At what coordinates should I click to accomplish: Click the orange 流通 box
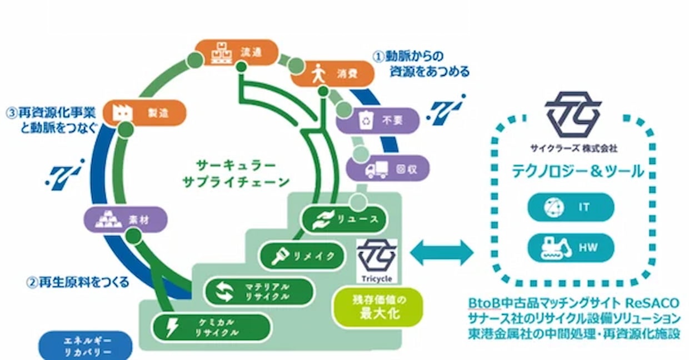[237, 53]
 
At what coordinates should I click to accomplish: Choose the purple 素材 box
[126, 219]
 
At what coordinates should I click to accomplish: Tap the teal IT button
[571, 207]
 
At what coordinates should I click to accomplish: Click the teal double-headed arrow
[442, 253]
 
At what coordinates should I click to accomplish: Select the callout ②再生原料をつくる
[78, 282]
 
